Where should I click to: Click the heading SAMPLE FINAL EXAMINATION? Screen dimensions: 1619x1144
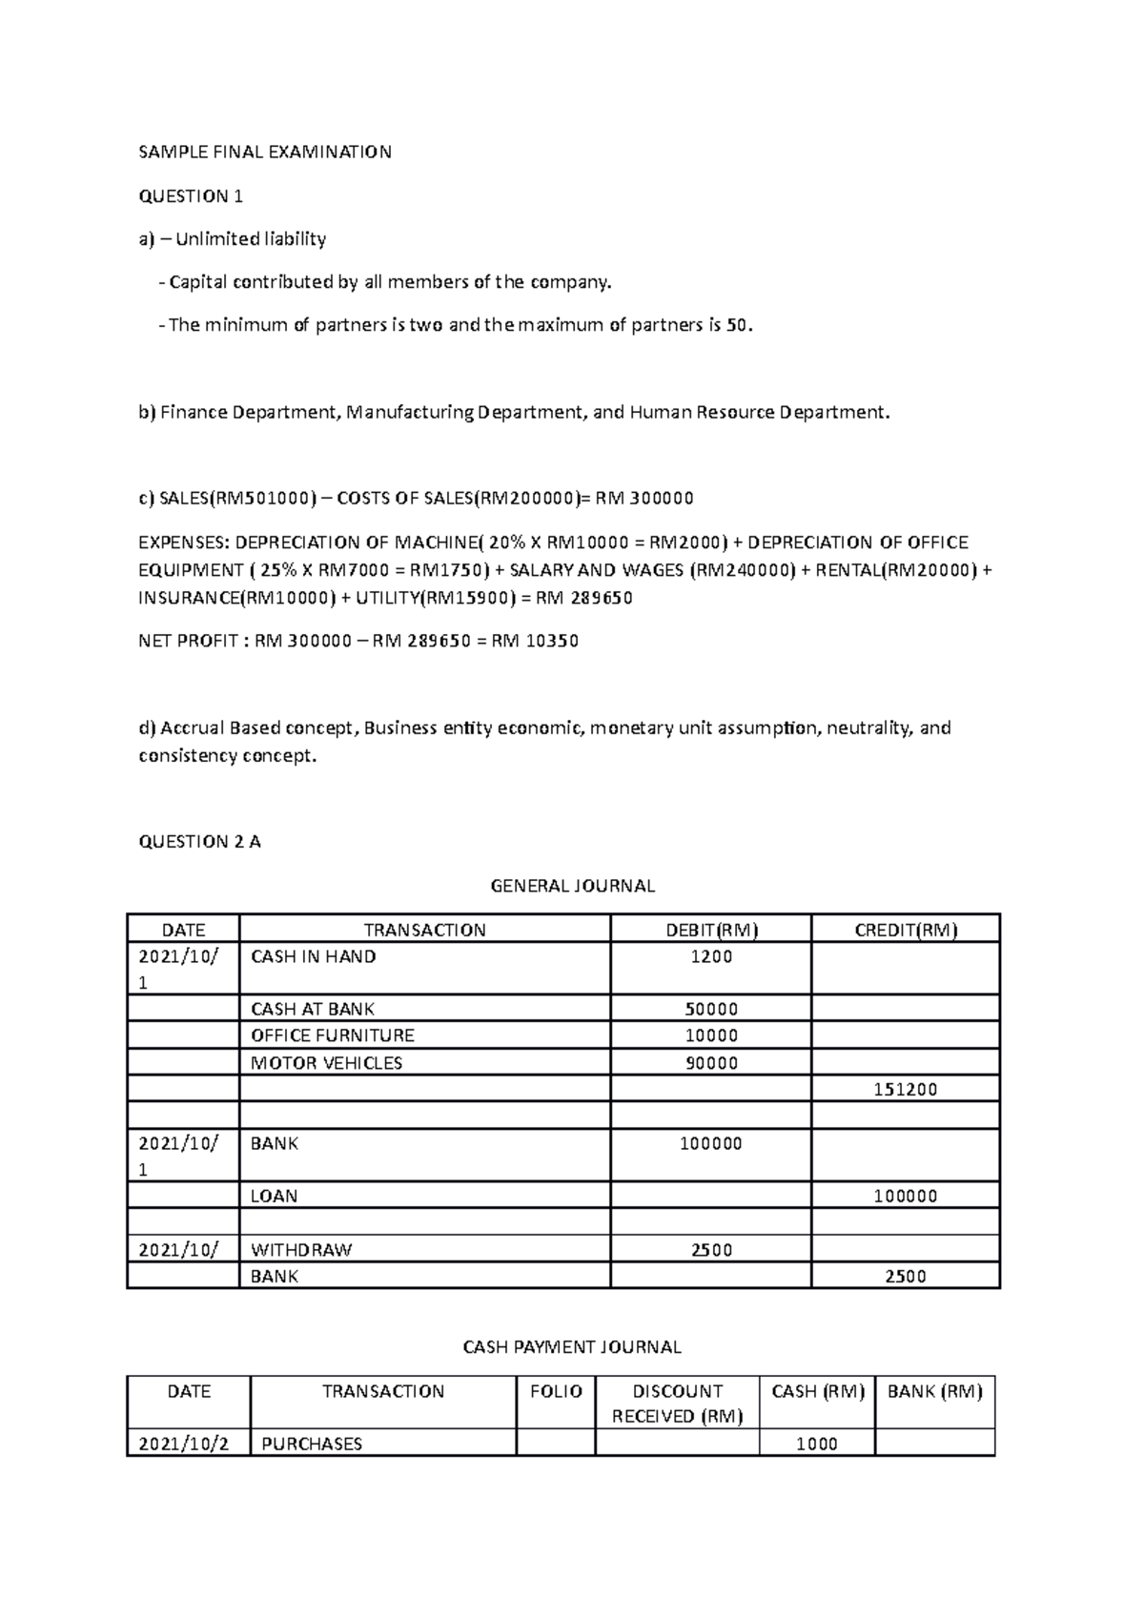coord(265,153)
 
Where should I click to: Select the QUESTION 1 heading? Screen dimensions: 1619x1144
coord(191,196)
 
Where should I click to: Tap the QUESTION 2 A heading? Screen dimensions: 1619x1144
coord(199,842)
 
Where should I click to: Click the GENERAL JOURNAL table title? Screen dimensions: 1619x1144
coord(572,886)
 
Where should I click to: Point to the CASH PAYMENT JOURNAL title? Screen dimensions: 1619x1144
coord(572,1347)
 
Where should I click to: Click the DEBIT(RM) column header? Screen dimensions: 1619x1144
coord(711,930)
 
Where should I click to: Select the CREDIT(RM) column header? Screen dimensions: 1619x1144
coord(906,930)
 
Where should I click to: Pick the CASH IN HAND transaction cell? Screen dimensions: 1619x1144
coord(313,956)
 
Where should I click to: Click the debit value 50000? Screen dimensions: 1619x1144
coord(711,1009)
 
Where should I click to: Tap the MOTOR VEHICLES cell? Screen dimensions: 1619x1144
coord(326,1063)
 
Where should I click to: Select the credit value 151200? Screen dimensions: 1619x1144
coord(906,1090)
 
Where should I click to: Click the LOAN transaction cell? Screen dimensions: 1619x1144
coord(274,1196)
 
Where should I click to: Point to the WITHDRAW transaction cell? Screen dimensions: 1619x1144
coord(301,1250)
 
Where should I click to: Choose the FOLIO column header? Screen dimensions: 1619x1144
coord(556,1392)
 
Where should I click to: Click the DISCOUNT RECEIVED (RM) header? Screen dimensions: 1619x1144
coord(677,1404)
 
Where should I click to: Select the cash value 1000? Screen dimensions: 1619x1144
coord(817,1444)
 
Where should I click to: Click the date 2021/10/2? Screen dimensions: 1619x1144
coord(184,1444)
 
